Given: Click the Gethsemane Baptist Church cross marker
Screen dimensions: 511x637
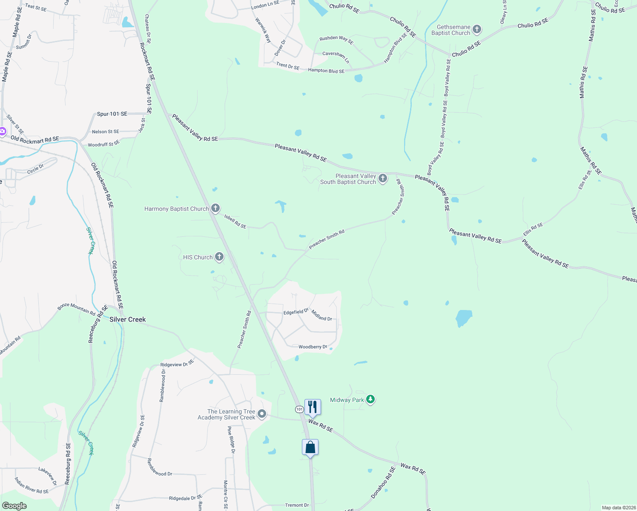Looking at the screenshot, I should pyautogui.click(x=477, y=29).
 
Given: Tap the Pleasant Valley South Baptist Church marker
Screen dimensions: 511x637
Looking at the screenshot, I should pyautogui.click(x=383, y=178).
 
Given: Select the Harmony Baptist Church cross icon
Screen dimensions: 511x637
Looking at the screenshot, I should pyautogui.click(x=215, y=208).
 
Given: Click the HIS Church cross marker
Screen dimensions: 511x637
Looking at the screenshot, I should pyautogui.click(x=219, y=256).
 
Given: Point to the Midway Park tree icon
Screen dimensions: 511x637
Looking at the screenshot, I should pyautogui.click(x=370, y=399).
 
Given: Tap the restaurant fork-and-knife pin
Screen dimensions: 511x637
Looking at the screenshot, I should pyautogui.click(x=313, y=408).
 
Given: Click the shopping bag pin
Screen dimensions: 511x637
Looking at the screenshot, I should pyautogui.click(x=310, y=448).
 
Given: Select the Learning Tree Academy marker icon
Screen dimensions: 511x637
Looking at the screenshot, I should pyautogui.click(x=262, y=414).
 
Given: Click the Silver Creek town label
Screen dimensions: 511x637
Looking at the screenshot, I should pyautogui.click(x=127, y=319).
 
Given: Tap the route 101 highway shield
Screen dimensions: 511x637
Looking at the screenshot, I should pyautogui.click(x=299, y=409).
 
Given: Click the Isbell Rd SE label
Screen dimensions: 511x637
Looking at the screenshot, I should pyautogui.click(x=235, y=221).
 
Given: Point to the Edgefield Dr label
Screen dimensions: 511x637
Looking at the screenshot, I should pyautogui.click(x=296, y=312).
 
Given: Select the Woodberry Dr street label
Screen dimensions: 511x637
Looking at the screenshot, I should pyautogui.click(x=313, y=347).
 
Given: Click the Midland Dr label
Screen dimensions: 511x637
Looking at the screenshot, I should pyautogui.click(x=321, y=316).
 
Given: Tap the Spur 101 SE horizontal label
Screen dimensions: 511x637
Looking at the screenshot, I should pyautogui.click(x=112, y=114).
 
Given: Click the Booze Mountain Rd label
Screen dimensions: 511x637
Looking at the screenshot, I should pyautogui.click(x=77, y=309).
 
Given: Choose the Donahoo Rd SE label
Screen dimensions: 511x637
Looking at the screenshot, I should pyautogui.click(x=383, y=483).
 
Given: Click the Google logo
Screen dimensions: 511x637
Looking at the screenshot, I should pyautogui.click(x=14, y=506).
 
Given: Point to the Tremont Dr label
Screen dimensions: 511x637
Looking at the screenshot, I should pyautogui.click(x=297, y=505).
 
